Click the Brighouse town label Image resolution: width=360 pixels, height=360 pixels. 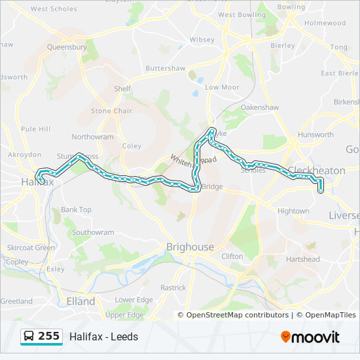[x=190, y=247]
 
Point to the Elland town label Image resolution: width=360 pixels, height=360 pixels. [x=81, y=302]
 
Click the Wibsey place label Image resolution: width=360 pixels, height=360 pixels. [x=202, y=39]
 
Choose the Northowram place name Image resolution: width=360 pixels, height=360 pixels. [x=92, y=137]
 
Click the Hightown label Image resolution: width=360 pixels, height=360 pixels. [x=293, y=211]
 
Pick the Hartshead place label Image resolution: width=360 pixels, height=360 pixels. [x=302, y=259]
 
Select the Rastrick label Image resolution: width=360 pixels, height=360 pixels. [x=173, y=287]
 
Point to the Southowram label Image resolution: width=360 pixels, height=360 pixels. [x=93, y=232]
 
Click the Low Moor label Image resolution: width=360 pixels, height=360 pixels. [x=222, y=87]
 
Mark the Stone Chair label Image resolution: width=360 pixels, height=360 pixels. [x=111, y=111]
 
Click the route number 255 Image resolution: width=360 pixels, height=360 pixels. [x=48, y=336]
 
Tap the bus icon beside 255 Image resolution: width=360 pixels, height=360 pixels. [x=29, y=337]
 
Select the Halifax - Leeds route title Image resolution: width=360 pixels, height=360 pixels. [x=104, y=337]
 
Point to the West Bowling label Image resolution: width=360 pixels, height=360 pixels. [x=242, y=14]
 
